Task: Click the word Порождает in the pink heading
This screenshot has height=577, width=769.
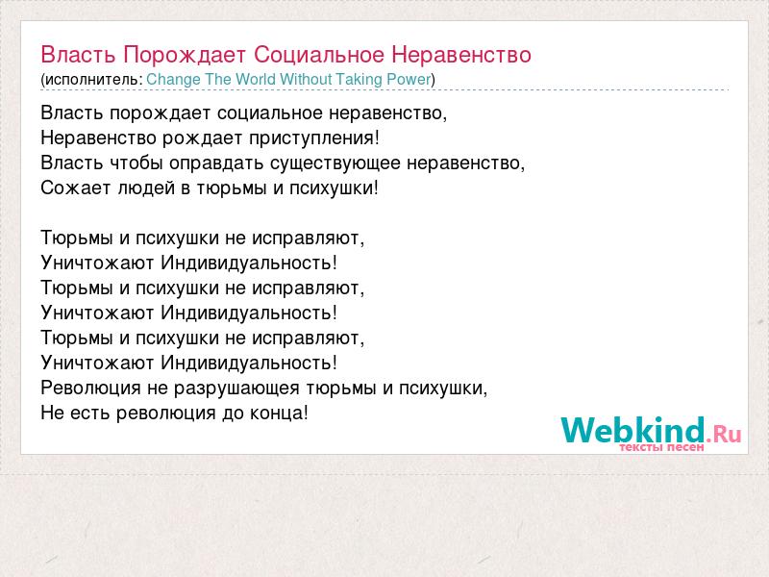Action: pos(185,56)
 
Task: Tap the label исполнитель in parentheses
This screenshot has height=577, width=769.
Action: pos(91,80)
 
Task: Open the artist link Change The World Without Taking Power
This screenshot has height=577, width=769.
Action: pos(288,79)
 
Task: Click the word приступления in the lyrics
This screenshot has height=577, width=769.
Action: pos(314,138)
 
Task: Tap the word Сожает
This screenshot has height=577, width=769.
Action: pos(76,188)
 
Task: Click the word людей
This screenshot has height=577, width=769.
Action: pos(146,188)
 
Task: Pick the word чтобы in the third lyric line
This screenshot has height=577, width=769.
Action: pos(136,163)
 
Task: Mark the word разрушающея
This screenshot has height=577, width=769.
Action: pos(236,389)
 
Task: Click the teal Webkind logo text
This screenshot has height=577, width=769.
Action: pos(633,429)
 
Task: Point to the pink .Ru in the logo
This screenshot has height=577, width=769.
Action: pos(724,434)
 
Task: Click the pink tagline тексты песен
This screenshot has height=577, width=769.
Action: pos(661,447)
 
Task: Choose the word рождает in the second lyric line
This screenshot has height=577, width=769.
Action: pos(202,138)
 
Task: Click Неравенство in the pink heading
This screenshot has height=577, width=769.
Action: pos(461,55)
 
